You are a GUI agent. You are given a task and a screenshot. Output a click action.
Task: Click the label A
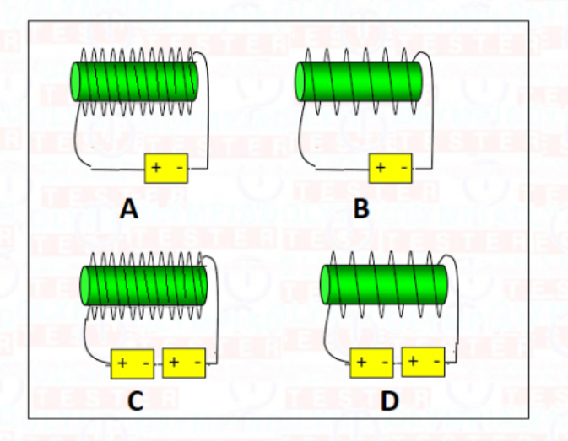(x=128, y=208)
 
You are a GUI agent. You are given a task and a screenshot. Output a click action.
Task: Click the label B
(x=361, y=208)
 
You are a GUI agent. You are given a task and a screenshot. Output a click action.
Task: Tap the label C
(x=135, y=401)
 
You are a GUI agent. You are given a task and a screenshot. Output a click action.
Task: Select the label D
(x=388, y=401)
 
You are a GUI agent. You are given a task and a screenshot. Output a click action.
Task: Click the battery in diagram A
(x=167, y=169)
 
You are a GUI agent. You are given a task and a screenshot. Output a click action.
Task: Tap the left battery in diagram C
(x=133, y=363)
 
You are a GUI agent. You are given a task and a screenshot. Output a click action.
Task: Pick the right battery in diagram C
(x=184, y=363)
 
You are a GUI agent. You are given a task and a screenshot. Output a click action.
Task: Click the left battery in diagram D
(x=372, y=363)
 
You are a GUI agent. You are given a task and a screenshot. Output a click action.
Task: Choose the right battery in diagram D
(x=424, y=362)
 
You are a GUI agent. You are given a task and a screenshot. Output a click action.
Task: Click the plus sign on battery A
(x=156, y=169)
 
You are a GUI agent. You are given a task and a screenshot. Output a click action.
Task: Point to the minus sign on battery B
(x=403, y=169)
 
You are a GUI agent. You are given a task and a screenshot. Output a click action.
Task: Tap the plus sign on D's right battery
(x=413, y=362)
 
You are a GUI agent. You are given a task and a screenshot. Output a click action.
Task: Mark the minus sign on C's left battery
(x=145, y=363)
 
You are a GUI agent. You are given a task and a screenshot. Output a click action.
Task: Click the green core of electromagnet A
(x=135, y=82)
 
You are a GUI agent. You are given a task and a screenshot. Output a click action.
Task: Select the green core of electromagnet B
(x=358, y=82)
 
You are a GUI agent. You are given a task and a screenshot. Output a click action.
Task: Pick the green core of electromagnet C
(x=143, y=285)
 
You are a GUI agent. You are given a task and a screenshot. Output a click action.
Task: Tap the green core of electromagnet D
(x=384, y=285)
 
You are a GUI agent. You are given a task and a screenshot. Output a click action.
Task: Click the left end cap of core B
(x=300, y=82)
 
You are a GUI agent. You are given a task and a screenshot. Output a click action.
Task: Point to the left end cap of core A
(x=77, y=82)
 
